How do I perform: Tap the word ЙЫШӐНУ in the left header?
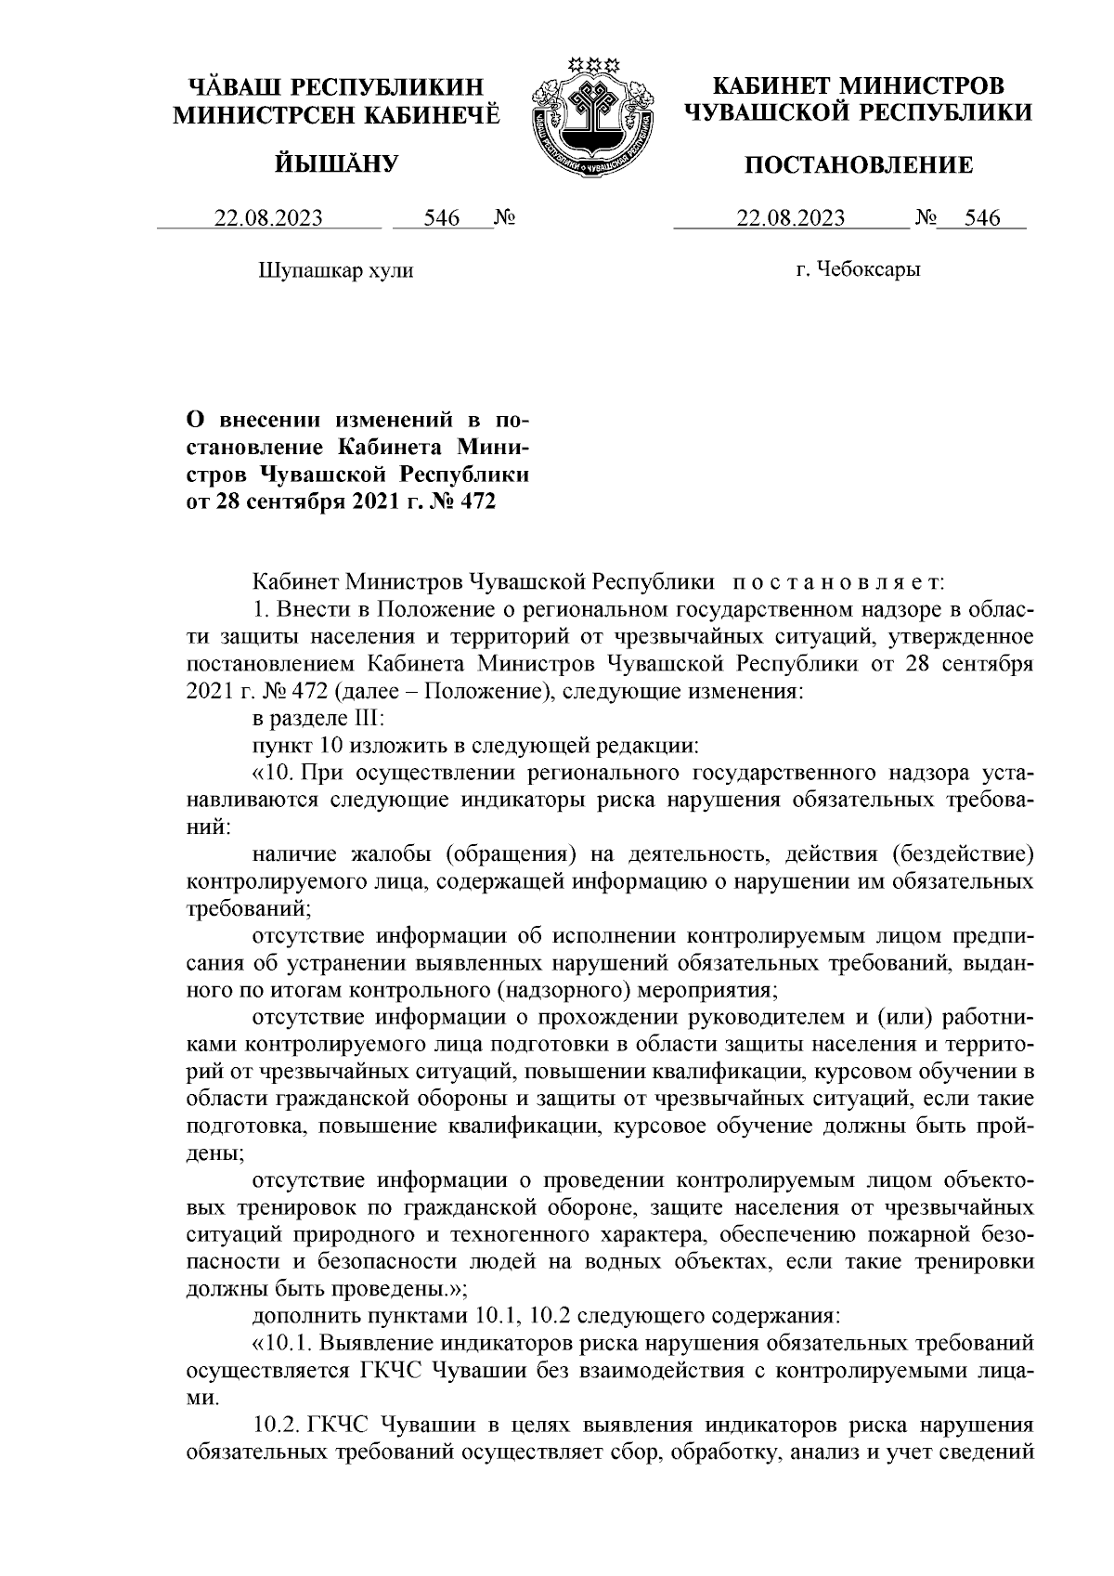[337, 165]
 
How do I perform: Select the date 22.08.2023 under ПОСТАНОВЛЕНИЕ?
[790, 219]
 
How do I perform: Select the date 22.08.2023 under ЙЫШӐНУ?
[269, 219]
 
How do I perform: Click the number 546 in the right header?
[982, 219]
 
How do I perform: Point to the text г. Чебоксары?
[858, 270]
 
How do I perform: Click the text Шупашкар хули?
[334, 271]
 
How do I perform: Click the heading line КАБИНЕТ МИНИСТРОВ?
[858, 86]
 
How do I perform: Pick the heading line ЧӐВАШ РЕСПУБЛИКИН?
[337, 86]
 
